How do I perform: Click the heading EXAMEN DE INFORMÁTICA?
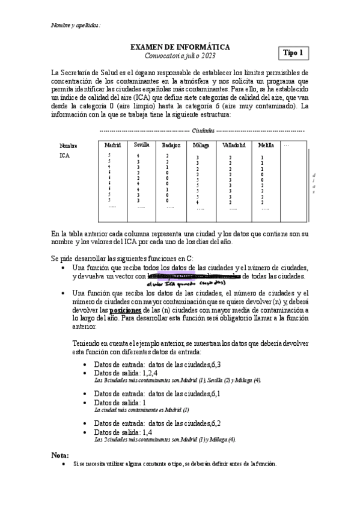[180, 46]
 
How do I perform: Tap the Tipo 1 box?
[293, 53]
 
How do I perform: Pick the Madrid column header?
[112, 145]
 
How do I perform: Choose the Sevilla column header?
[142, 145]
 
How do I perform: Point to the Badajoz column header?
[171, 145]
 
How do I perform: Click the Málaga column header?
[201, 145]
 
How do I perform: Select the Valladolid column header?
[233, 145]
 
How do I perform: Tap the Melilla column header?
[265, 145]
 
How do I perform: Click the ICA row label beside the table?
[64, 156]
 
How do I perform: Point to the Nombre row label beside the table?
[69, 145]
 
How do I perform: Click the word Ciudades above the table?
[203, 130]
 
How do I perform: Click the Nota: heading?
[60, 455]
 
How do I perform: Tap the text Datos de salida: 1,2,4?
[126, 373]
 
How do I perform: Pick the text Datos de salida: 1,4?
[123, 432]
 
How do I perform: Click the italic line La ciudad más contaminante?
[142, 410]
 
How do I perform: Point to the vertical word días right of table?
[313, 184]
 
